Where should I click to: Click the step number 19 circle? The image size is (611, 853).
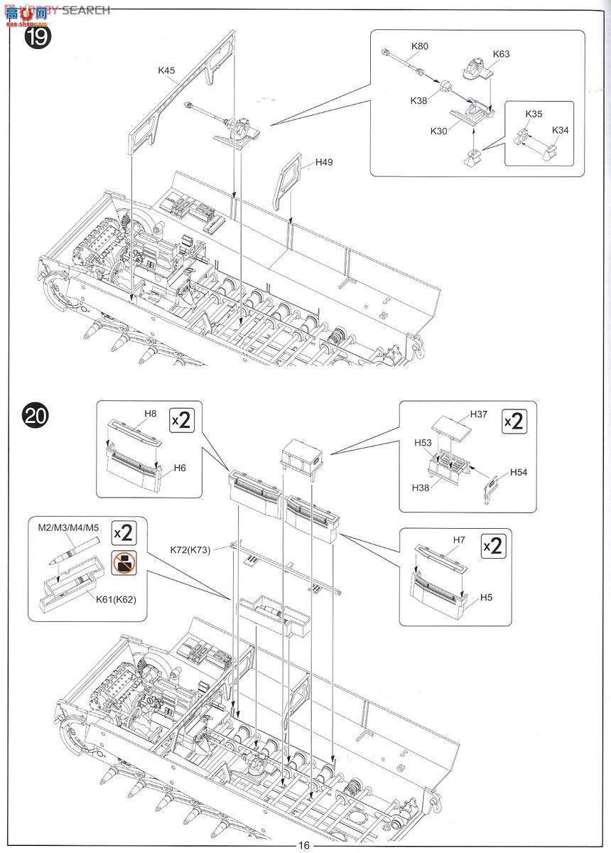point(37,36)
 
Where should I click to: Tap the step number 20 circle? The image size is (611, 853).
point(36,414)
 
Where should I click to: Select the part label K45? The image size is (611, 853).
point(167,70)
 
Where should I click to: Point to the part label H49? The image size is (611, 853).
point(324,162)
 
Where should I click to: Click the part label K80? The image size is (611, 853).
point(420,46)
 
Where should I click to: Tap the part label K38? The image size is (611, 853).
point(418,100)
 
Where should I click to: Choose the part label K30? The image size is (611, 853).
point(439,131)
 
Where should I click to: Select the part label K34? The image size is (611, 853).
point(561,130)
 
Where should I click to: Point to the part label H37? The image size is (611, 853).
point(480,414)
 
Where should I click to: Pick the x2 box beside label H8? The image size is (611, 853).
point(182,420)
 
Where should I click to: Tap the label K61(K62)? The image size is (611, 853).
point(116,599)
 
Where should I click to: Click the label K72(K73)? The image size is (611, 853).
point(190,549)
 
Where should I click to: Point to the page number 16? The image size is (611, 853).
point(304,844)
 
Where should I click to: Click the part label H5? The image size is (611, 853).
point(486,597)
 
